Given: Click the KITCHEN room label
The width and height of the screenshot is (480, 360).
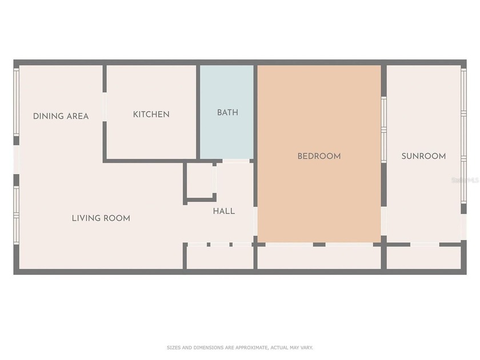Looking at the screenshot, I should coord(151,114).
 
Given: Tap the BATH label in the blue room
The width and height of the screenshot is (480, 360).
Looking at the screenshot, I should coord(227,113).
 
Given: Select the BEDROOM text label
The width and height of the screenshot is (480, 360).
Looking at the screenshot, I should coord(319,156).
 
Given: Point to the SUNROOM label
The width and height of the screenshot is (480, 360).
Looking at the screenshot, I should coord(423,156).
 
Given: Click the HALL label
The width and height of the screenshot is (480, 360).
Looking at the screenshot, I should coord(224,211).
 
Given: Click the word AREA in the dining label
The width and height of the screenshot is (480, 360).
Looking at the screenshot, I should coord(78,116).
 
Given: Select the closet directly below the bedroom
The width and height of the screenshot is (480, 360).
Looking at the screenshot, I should coord(319,257).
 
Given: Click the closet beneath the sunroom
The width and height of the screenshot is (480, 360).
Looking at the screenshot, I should coord(423,257).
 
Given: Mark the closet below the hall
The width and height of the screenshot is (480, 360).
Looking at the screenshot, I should coord(220,257).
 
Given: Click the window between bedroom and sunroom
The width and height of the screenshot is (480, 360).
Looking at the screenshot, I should coord(384,122).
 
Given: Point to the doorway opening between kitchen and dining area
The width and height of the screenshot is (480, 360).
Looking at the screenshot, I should coord(105,106).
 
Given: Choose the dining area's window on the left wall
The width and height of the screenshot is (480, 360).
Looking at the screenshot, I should coord(17,101).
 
